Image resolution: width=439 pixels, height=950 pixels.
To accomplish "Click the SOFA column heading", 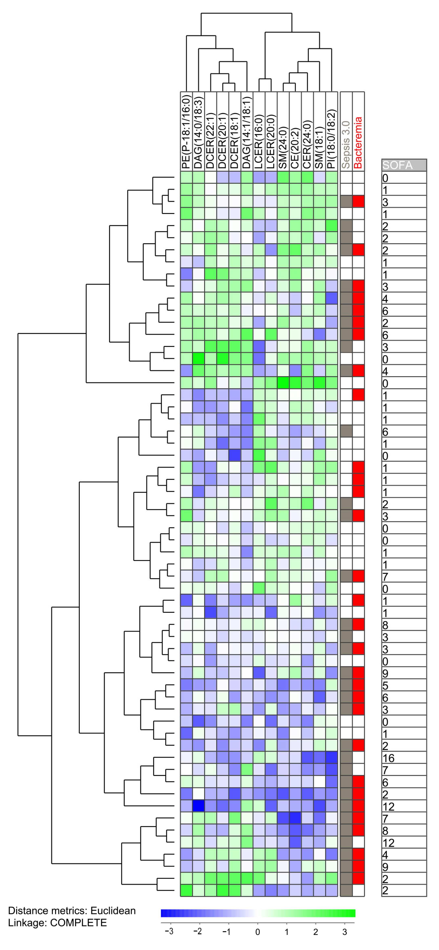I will (398, 165).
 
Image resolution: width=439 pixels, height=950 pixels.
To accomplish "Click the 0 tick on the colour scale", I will (258, 932).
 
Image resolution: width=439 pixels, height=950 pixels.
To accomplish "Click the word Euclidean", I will (113, 910).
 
